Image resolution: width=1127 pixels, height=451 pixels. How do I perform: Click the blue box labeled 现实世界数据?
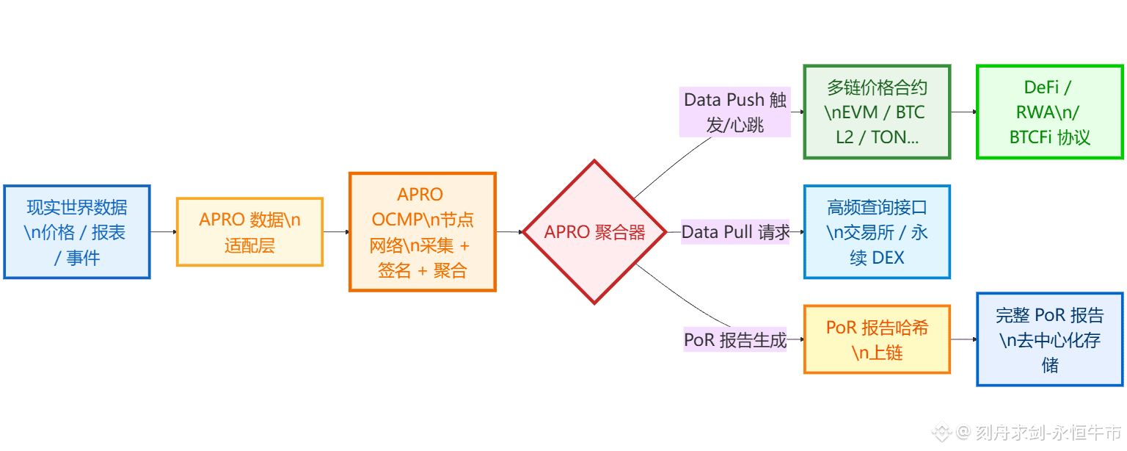[x=77, y=232]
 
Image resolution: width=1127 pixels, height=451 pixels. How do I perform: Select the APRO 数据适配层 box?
[x=249, y=232]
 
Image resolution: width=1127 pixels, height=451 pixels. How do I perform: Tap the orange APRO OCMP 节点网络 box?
[x=423, y=232]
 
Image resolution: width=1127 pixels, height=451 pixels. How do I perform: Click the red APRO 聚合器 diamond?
[x=594, y=232]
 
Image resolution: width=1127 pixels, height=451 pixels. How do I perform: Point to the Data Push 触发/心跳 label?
[x=735, y=112]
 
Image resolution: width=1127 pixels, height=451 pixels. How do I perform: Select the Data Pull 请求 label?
[x=735, y=232]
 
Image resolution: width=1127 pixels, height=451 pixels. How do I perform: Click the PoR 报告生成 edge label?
[x=735, y=340]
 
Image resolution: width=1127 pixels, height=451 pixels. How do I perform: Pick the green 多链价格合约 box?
[x=877, y=112]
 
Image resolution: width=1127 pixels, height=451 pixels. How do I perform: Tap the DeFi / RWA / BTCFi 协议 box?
[x=1049, y=112]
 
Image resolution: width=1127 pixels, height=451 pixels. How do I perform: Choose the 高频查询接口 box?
[x=877, y=232]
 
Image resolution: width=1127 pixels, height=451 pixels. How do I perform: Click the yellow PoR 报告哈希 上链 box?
[x=877, y=339]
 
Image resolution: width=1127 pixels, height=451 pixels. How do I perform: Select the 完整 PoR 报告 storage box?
[x=1049, y=339]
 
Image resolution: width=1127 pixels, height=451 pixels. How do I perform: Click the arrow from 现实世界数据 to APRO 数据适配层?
[x=163, y=232]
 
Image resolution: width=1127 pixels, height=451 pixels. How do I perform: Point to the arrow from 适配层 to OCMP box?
[x=336, y=232]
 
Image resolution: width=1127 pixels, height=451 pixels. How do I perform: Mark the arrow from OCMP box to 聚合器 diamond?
[x=508, y=232]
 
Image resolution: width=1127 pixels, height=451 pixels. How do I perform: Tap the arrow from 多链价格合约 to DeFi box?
[x=963, y=112]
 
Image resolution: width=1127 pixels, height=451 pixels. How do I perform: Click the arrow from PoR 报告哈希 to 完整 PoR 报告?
[x=963, y=339]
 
